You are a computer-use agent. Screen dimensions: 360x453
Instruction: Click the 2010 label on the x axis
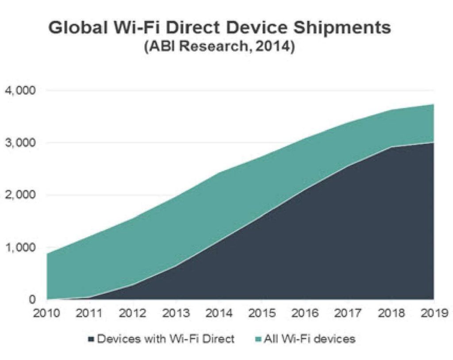[46, 313]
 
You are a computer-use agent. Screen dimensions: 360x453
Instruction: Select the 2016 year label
[305, 313]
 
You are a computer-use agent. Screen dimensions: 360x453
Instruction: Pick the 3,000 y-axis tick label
[20, 143]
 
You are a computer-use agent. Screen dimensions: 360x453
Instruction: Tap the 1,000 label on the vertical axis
[20, 247]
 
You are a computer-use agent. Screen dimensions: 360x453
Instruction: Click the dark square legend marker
[91, 339]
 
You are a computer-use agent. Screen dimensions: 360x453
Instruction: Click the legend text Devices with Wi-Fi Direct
[165, 339]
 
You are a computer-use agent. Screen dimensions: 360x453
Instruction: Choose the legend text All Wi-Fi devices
[309, 339]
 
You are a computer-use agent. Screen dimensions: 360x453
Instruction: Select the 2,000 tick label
[20, 195]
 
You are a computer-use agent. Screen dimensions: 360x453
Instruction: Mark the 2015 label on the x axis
[262, 313]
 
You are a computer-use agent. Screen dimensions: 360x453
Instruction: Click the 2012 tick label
[133, 313]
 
